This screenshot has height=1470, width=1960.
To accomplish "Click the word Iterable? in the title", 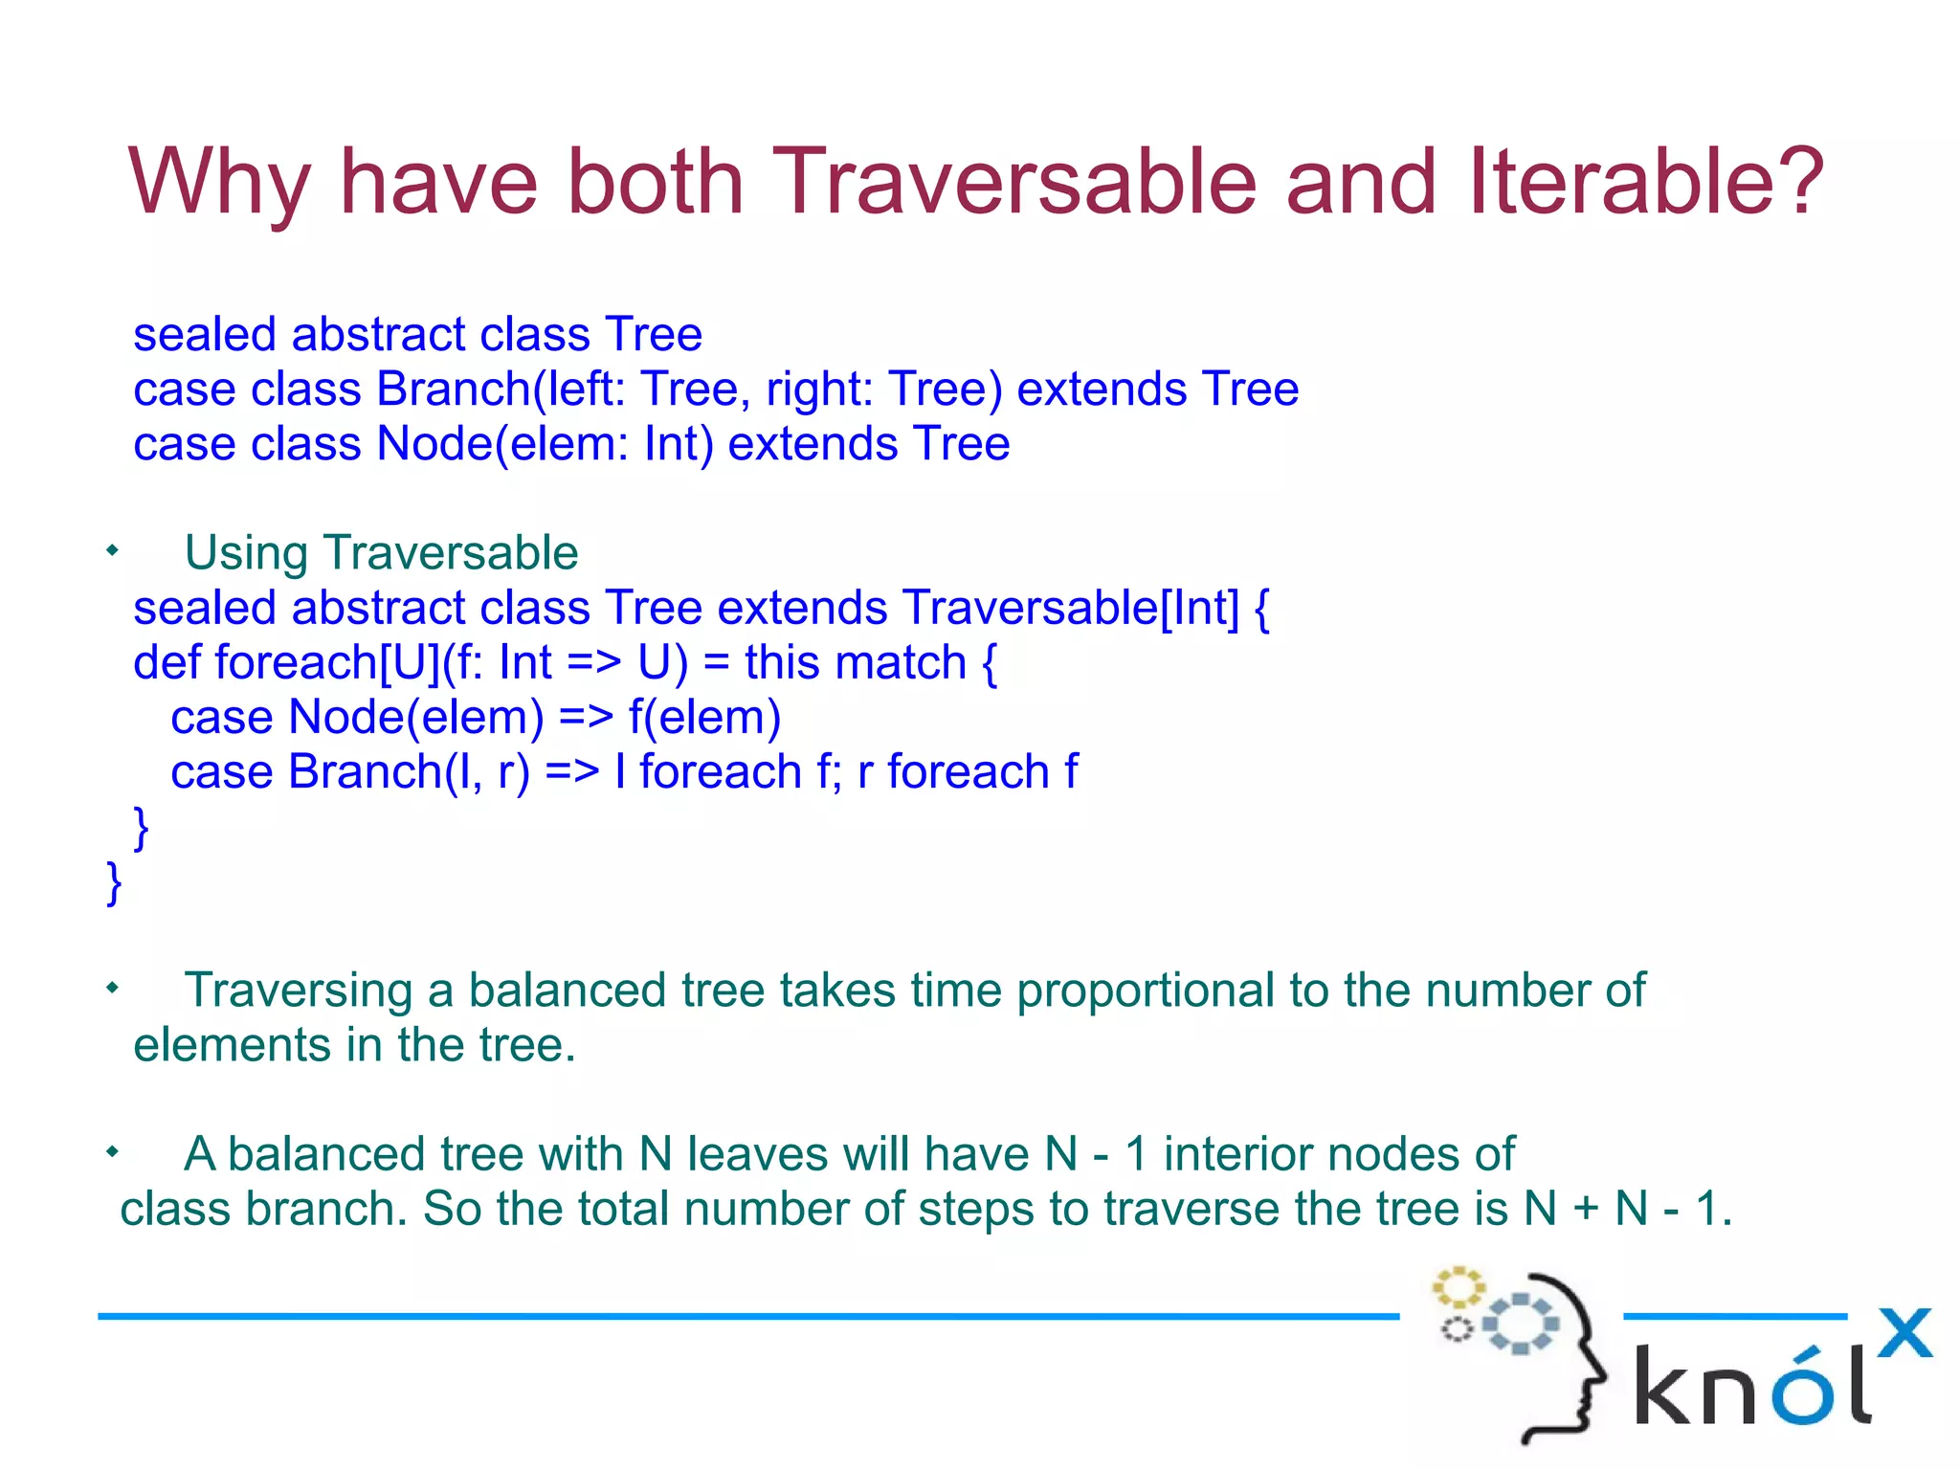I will [x=1646, y=182].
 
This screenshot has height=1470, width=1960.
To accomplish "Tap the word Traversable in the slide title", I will [x=1013, y=182].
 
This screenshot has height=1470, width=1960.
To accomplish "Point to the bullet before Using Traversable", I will [x=113, y=550].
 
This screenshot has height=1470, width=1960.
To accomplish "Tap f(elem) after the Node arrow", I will [x=704, y=717].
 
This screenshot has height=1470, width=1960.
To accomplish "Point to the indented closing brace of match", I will [x=141, y=828].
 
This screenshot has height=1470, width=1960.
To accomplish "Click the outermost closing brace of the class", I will [x=114, y=882].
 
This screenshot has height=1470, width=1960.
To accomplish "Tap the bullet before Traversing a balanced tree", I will [x=113, y=988].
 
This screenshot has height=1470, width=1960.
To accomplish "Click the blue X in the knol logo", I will [x=1904, y=1333].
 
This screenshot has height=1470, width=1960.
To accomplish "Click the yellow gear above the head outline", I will [x=1458, y=1287].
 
